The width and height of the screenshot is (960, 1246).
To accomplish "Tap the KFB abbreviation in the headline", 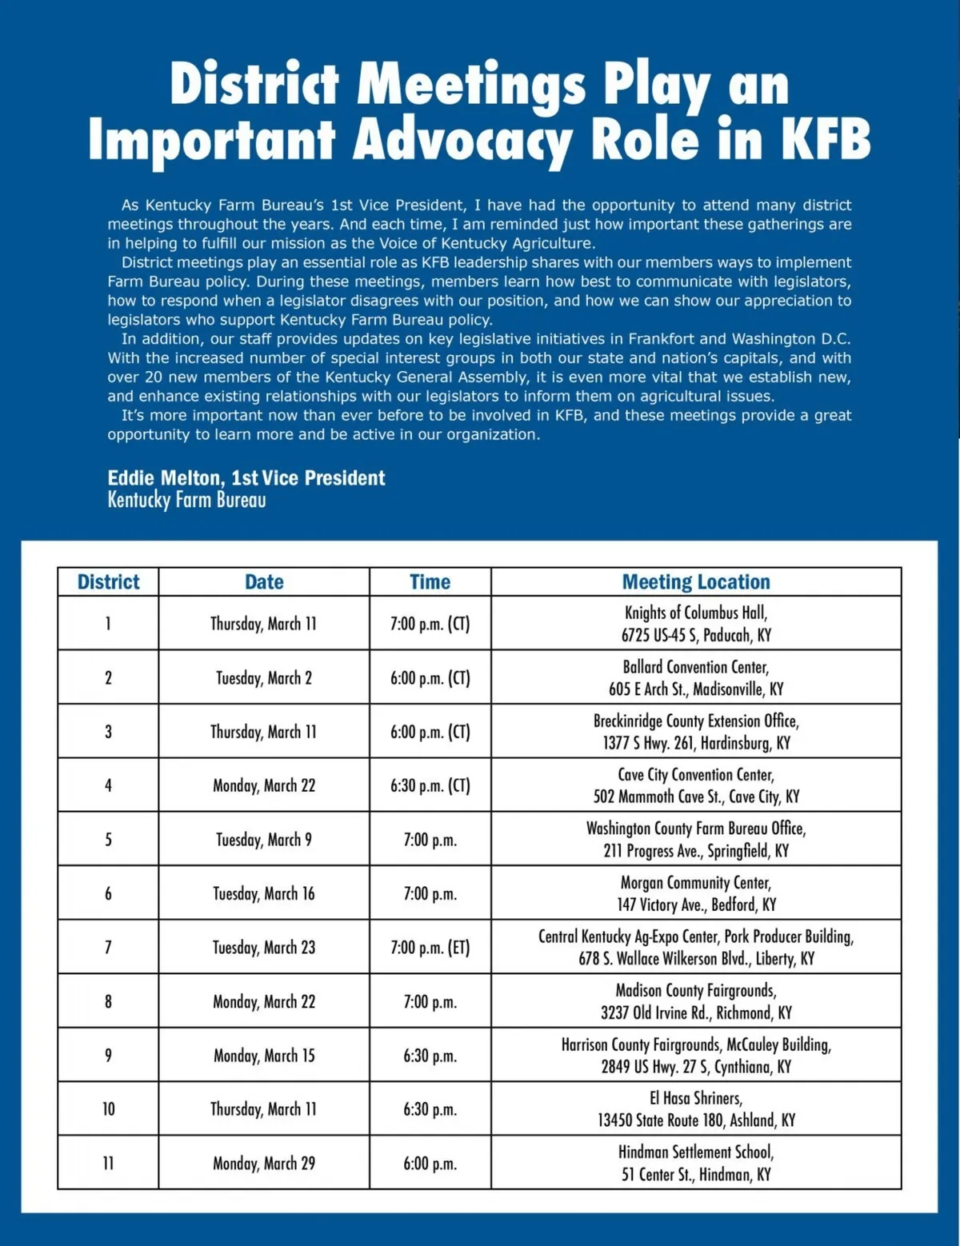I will [825, 140].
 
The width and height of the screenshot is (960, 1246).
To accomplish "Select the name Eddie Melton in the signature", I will [166, 478].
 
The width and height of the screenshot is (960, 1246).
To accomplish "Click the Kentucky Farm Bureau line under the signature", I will [186, 501].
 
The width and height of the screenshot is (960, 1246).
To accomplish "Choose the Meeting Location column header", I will [696, 582].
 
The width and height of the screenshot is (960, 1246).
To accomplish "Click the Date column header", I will [264, 582].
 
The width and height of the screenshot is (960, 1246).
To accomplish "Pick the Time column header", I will [430, 582].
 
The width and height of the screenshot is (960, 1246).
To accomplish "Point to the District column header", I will [108, 582].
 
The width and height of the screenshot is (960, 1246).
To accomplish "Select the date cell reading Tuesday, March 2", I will [264, 678].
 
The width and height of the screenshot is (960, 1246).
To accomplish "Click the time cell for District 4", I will [430, 785].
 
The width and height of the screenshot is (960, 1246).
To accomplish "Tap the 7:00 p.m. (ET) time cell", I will [430, 948].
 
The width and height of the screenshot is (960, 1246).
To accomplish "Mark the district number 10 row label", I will [108, 1109].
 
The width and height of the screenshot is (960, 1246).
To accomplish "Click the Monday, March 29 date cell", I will [264, 1164].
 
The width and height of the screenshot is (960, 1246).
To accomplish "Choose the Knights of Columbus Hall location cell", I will [696, 624].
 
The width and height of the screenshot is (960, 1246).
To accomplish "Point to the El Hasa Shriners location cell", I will [696, 1109].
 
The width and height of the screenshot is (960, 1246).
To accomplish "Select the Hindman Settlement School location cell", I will [696, 1164].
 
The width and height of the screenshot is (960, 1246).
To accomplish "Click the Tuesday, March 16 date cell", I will [264, 894].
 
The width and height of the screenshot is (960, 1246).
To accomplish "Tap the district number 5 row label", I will [108, 840].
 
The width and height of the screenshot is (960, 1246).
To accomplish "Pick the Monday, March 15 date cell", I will [264, 1056].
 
